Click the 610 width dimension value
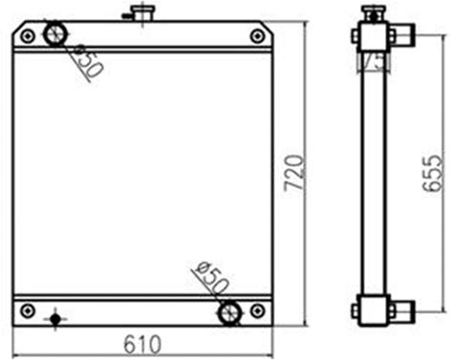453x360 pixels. pyautogui.click(x=142, y=344)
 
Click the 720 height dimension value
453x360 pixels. pyautogui.click(x=293, y=174)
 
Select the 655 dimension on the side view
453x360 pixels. pyautogui.click(x=432, y=174)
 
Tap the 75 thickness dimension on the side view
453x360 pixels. pyautogui.click(x=374, y=61)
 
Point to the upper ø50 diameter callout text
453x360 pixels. pyautogui.click(x=87, y=61)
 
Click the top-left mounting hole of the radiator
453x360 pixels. pyautogui.click(x=28, y=36)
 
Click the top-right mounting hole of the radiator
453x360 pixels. pyautogui.click(x=257, y=36)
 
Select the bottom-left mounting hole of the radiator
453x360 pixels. pyautogui.click(x=28, y=310)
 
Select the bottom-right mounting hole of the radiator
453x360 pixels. pyautogui.click(x=257, y=310)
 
